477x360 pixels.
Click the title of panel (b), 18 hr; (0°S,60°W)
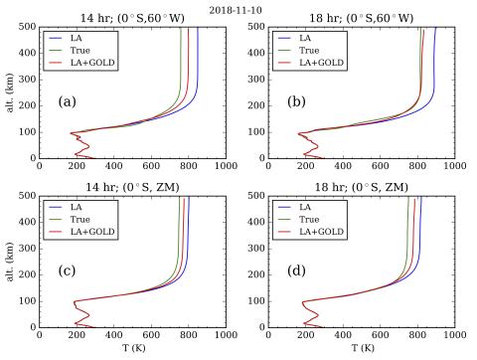(x=362, y=17)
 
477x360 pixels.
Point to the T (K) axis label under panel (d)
(x=362, y=349)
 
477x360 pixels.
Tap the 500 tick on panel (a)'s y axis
(x=27, y=28)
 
